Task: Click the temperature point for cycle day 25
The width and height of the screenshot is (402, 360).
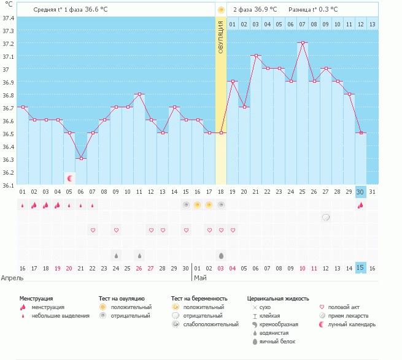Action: pyautogui.click(x=302, y=43)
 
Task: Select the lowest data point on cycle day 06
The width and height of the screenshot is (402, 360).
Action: pyautogui.click(x=81, y=158)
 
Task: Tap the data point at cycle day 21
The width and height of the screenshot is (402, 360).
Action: pyautogui.click(x=255, y=56)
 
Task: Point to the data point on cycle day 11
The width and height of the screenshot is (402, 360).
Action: pyautogui.click(x=139, y=94)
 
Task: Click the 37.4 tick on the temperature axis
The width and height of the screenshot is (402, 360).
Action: pyautogui.click(x=9, y=18)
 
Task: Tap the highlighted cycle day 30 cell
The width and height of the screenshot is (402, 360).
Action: pyautogui.click(x=361, y=192)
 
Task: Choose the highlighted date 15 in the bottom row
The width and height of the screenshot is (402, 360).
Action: pyautogui.click(x=361, y=268)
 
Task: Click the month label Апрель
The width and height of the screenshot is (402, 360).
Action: pyautogui.click(x=14, y=278)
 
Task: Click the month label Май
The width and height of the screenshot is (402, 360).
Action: pyautogui.click(x=201, y=278)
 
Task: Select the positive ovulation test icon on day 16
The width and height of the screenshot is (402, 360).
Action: pyautogui.click(x=197, y=205)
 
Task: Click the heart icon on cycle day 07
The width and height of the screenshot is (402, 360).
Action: pyautogui.click(x=93, y=230)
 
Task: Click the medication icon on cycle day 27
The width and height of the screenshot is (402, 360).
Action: pyautogui.click(x=326, y=217)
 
